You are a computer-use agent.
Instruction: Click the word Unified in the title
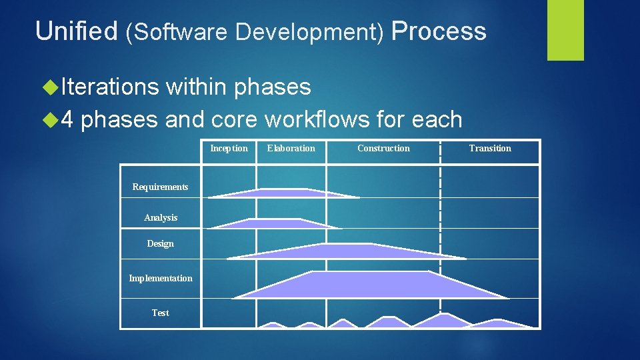tap(76, 31)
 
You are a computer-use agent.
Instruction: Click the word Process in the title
tap(439, 31)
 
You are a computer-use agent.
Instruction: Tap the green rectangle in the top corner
tap(565, 29)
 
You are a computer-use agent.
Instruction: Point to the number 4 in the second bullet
tap(67, 120)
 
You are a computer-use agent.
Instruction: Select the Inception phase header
tap(229, 148)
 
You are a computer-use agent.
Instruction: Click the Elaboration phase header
tap(291, 148)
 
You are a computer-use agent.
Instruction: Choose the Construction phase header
tap(383, 148)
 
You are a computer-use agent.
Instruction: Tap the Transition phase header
tap(490, 148)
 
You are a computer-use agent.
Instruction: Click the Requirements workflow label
tap(160, 187)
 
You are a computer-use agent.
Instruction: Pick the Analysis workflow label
tap(161, 217)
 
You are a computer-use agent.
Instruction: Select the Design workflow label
tap(160, 243)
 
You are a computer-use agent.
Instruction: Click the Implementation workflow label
tap(160, 278)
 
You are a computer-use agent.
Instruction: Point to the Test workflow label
tap(160, 313)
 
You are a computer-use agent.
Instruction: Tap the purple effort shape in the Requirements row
tap(280, 193)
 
